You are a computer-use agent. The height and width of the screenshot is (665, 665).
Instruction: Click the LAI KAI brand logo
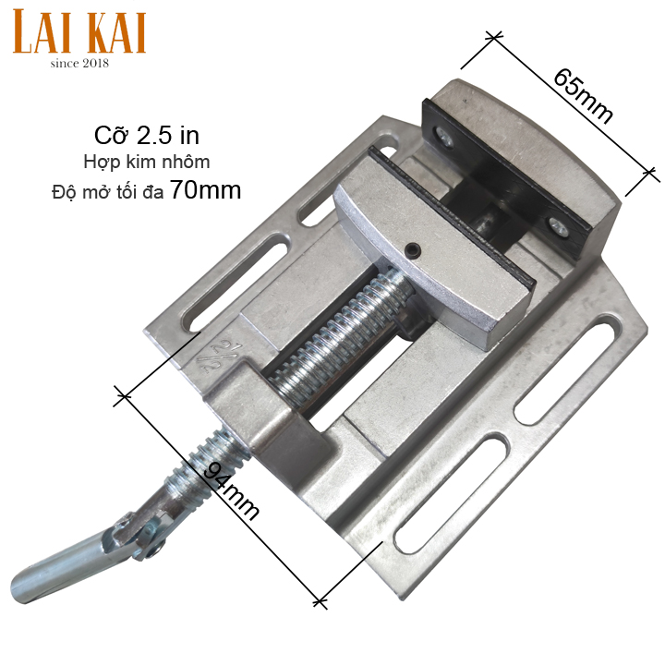tap(79, 32)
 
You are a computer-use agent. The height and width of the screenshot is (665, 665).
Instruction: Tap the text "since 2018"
tap(79, 64)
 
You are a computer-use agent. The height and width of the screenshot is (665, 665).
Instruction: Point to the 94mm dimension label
tap(231, 490)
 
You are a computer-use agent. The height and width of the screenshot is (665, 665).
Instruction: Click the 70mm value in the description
tap(206, 190)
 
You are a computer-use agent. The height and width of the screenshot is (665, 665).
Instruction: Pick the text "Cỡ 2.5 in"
tap(147, 135)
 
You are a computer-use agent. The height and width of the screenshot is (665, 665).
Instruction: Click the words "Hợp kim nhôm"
tap(147, 162)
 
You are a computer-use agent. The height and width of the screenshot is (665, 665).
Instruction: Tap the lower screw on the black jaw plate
tap(558, 225)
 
